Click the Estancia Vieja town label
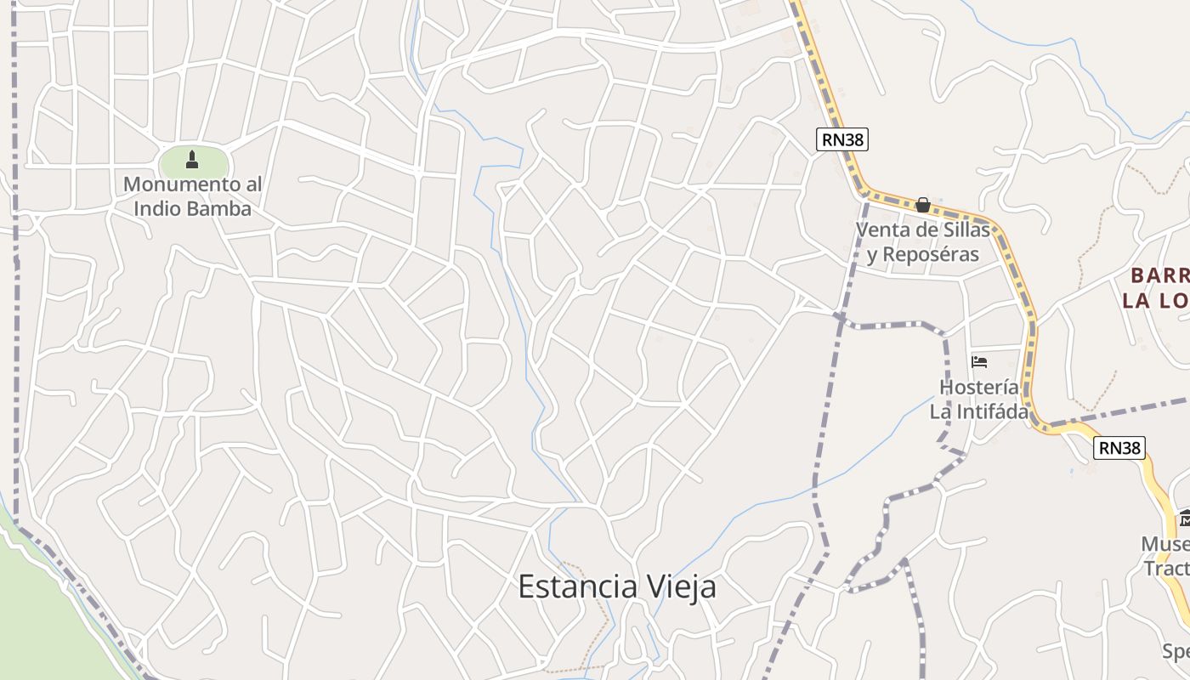click(617, 586)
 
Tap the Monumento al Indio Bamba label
click(192, 196)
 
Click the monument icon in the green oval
click(192, 159)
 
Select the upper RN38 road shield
click(842, 139)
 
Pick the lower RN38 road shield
click(1119, 448)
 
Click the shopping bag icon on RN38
click(922, 205)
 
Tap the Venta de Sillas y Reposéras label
click(923, 242)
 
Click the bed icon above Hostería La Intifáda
click(979, 362)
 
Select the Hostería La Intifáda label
click(979, 399)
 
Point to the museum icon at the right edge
click(1185, 518)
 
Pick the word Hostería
click(979, 388)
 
